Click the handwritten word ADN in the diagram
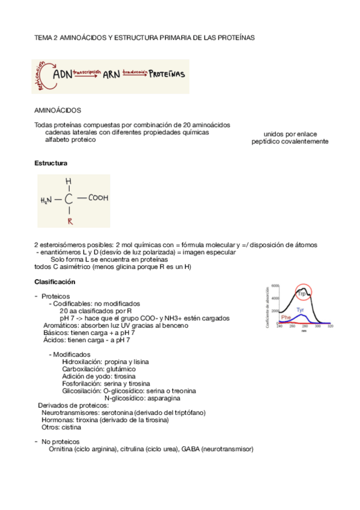[62, 75]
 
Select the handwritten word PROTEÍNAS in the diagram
[168, 75]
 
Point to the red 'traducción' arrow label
[135, 72]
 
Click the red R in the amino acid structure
[70, 221]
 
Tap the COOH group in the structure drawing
[97, 197]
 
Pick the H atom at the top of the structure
[69, 181]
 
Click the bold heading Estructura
[50, 164]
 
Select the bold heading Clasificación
[55, 281]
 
